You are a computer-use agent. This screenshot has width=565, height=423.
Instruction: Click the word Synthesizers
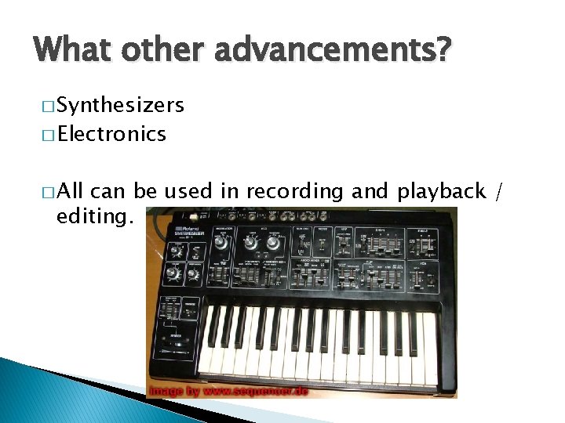pos(121,105)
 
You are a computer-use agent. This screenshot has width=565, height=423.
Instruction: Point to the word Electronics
pos(111,134)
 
